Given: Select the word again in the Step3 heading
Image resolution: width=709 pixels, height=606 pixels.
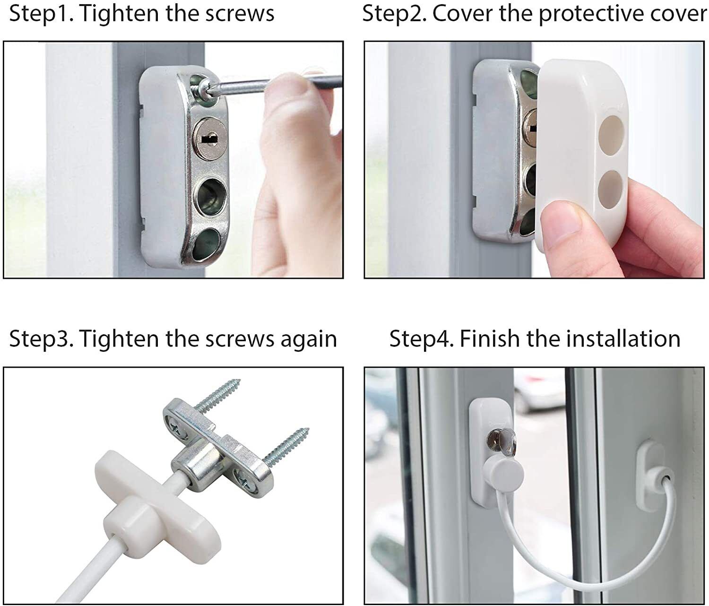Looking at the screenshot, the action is point(308,340).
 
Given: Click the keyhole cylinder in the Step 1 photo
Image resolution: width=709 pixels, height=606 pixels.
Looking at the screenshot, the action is point(209,139).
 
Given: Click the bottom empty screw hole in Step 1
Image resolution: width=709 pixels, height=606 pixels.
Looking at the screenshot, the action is point(206,244).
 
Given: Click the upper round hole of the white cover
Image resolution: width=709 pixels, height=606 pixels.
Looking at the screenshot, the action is point(611,134).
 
